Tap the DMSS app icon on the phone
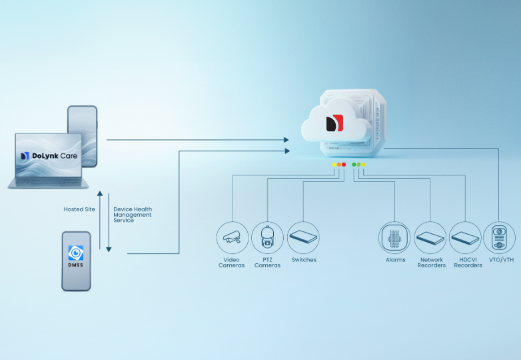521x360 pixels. pyautogui.click(x=76, y=254)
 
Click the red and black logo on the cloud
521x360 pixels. pyautogui.click(x=334, y=123)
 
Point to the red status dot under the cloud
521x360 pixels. pyautogui.click(x=344, y=164)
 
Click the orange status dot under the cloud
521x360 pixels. pyautogui.click(x=339, y=164)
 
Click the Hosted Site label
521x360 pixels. pyautogui.click(x=79, y=209)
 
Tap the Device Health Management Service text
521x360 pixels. pyautogui.click(x=133, y=215)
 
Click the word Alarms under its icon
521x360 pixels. pyautogui.click(x=395, y=260)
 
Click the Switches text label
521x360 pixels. pyautogui.click(x=304, y=260)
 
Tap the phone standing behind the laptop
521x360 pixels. pyautogui.click(x=83, y=120)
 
